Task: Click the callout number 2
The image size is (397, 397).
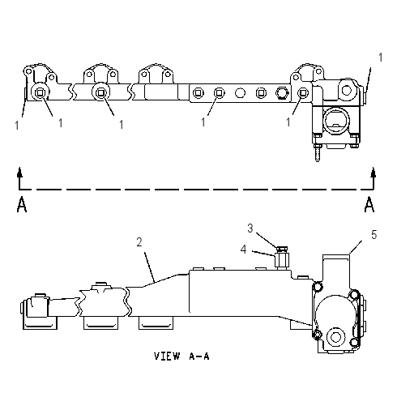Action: pos(139,242)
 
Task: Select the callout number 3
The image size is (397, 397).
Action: pos(250,228)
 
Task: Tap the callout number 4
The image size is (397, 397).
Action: pos(244,250)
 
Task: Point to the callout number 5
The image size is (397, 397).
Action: pos(374,235)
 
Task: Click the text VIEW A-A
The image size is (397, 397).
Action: pos(181,356)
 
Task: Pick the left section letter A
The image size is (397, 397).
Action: pos(22,205)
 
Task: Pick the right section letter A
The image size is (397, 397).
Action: pos(369,205)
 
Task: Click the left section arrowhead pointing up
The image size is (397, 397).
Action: pos(19,172)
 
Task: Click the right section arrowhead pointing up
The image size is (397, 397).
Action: pos(374,172)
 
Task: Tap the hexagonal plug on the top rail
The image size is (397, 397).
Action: pos(282,93)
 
